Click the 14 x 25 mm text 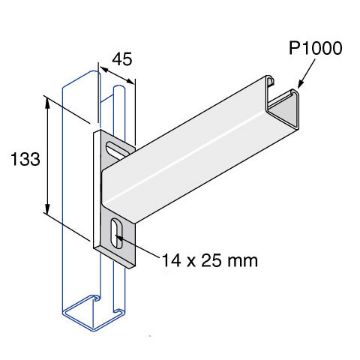(x=209, y=261)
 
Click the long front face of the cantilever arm (x=200, y=165)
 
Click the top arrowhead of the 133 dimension (x=46, y=101)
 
